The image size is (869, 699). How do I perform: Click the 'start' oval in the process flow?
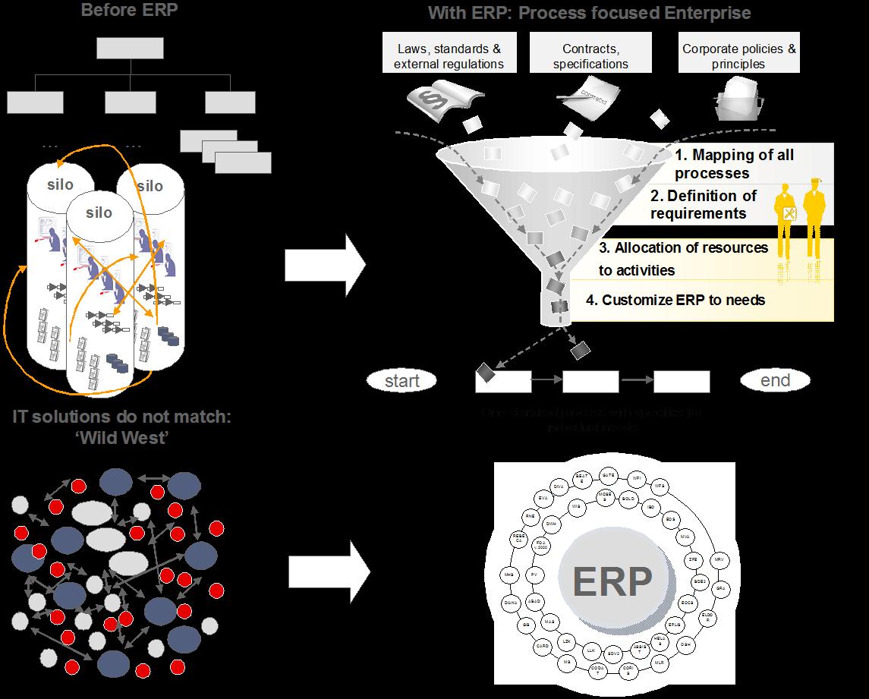tap(402, 380)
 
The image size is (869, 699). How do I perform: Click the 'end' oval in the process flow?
tap(775, 380)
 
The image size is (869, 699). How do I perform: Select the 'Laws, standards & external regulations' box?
tap(449, 56)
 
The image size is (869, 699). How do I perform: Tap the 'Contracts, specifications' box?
tap(590, 56)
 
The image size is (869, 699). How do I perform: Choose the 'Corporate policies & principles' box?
tap(738, 56)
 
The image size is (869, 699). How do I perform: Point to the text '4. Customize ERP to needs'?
tap(675, 300)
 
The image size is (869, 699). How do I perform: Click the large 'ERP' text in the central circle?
tap(612, 583)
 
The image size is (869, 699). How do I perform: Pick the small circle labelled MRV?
tap(719, 559)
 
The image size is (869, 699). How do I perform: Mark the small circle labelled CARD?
tap(542, 646)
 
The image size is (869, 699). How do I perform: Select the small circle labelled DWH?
tap(552, 523)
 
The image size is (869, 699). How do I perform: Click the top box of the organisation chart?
tap(131, 49)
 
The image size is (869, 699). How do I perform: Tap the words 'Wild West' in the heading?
tap(124, 439)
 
